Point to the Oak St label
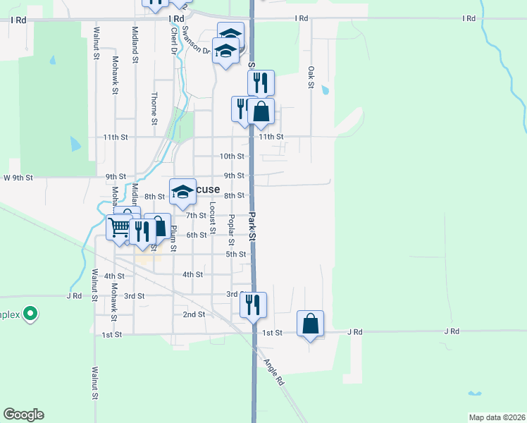(311, 77)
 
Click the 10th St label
(232, 157)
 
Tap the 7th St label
(195, 215)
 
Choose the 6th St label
(197, 235)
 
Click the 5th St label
(235, 254)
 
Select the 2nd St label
(193, 314)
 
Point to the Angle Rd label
(273, 372)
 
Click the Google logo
(23, 415)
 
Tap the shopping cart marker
(118, 227)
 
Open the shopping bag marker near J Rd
(310, 324)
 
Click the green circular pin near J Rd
(30, 313)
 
